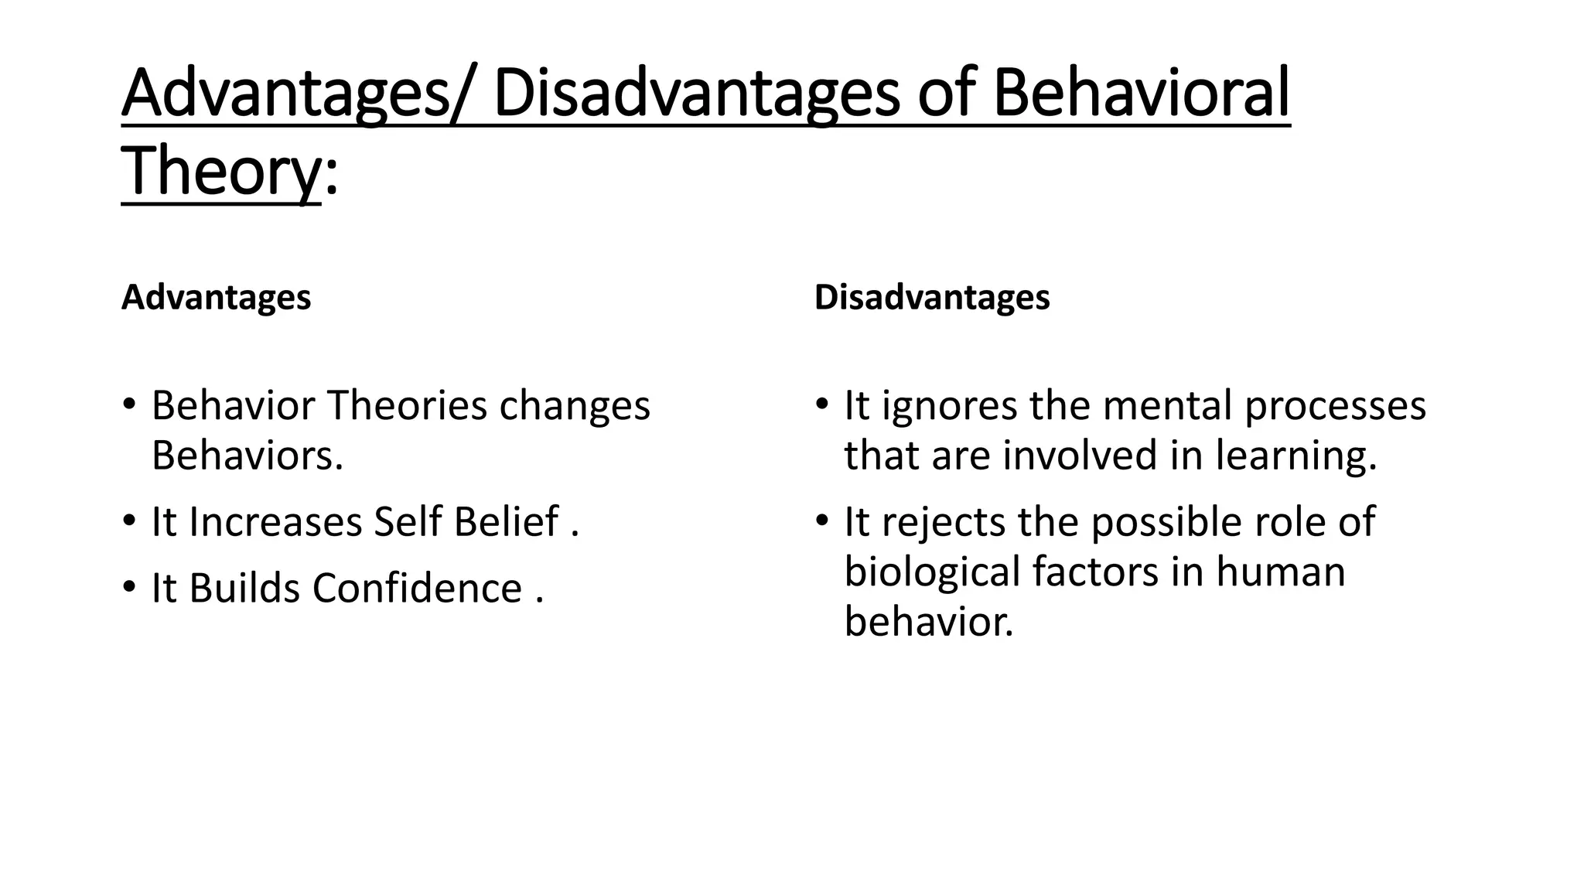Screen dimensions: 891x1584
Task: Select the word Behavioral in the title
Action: pyautogui.click(x=1142, y=94)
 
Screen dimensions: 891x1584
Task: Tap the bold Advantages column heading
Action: pyautogui.click(x=216, y=298)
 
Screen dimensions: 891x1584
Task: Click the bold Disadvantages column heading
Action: pyautogui.click(x=932, y=298)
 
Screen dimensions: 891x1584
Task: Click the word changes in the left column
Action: pyautogui.click(x=575, y=407)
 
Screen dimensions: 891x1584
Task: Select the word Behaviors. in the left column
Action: pyautogui.click(x=247, y=455)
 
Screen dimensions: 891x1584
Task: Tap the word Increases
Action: pyautogui.click(x=275, y=522)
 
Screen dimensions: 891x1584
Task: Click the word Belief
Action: pyautogui.click(x=506, y=522)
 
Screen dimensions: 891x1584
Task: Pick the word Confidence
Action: pyautogui.click(x=417, y=589)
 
